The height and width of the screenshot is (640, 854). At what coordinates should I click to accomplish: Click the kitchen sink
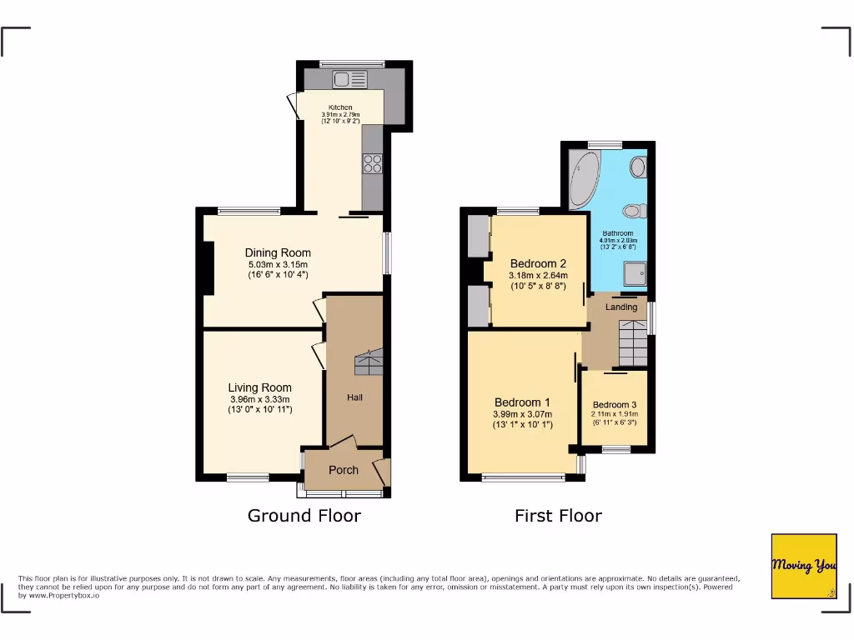pyautogui.click(x=350, y=80)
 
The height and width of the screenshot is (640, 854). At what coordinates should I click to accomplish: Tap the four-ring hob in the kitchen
pyautogui.click(x=372, y=163)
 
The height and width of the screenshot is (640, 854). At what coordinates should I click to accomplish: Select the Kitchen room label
pyautogui.click(x=339, y=107)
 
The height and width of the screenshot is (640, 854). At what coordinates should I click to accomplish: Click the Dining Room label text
pyautogui.click(x=278, y=252)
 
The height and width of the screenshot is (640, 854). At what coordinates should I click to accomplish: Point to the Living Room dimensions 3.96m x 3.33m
pyautogui.click(x=259, y=398)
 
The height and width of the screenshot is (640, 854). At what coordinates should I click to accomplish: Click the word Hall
pyautogui.click(x=354, y=397)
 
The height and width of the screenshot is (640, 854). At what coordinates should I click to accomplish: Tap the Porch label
pyautogui.click(x=344, y=470)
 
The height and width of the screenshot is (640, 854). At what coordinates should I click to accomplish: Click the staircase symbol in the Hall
pyautogui.click(x=368, y=364)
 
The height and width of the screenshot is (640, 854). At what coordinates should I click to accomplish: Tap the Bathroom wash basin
pyautogui.click(x=639, y=167)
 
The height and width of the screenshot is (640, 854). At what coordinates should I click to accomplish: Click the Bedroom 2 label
pyautogui.click(x=538, y=263)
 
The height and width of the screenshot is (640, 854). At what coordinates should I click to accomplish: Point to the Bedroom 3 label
pyautogui.click(x=614, y=404)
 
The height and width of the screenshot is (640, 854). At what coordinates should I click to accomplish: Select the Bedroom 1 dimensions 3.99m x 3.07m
pyautogui.click(x=523, y=414)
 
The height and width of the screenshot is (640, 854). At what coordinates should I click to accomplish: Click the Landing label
pyautogui.click(x=621, y=307)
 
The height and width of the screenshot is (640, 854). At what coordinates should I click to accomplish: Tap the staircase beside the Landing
pyautogui.click(x=631, y=341)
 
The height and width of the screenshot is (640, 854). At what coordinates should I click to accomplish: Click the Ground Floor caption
pyautogui.click(x=304, y=516)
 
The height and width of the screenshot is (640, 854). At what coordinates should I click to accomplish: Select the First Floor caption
pyautogui.click(x=558, y=516)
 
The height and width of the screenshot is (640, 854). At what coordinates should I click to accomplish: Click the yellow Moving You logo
pyautogui.click(x=803, y=566)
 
